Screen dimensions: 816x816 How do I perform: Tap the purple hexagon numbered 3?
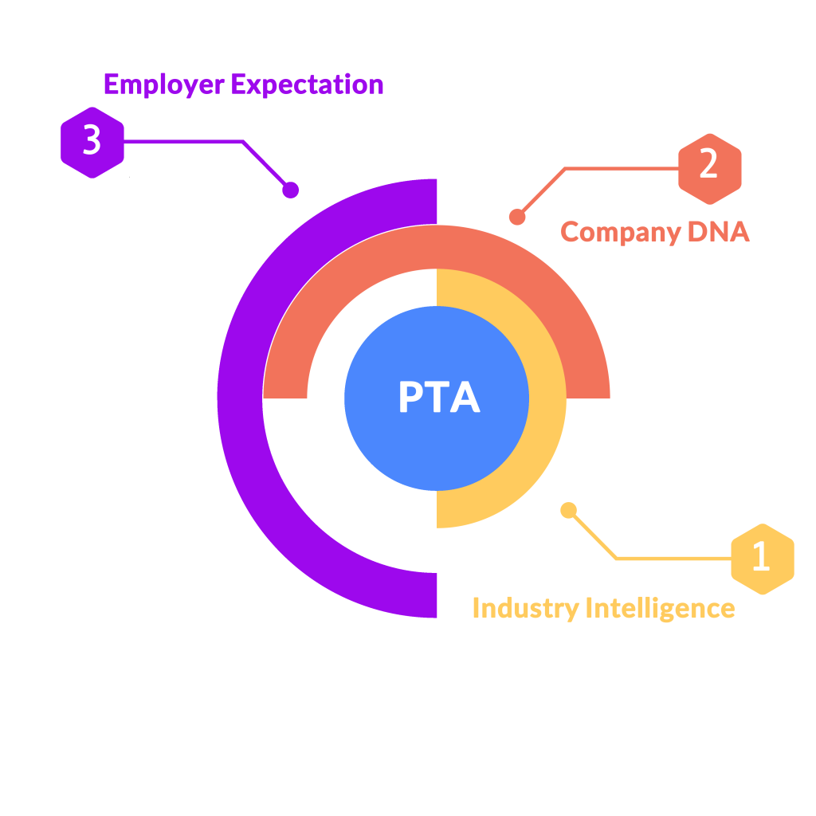click(x=92, y=142)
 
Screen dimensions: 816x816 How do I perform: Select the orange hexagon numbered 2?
click(x=709, y=165)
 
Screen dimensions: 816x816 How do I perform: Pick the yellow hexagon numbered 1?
click(x=763, y=559)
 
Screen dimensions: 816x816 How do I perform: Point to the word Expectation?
click(x=308, y=84)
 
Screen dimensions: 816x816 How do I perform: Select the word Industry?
click(x=525, y=608)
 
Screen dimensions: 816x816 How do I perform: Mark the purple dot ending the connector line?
click(x=291, y=190)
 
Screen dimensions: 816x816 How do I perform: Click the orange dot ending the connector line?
click(x=517, y=217)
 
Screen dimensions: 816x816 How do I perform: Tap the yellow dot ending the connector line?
click(x=568, y=510)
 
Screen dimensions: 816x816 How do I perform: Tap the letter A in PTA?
click(x=466, y=398)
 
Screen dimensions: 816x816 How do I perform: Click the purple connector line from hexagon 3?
click(x=183, y=142)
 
